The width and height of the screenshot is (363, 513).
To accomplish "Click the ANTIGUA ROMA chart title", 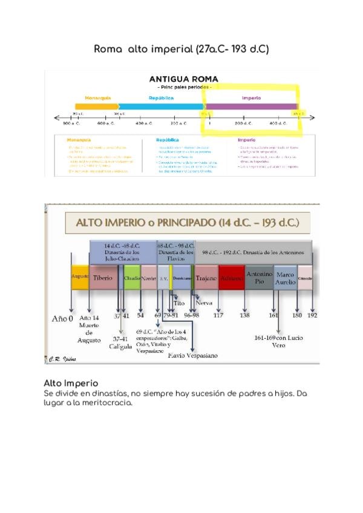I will (x=183, y=79).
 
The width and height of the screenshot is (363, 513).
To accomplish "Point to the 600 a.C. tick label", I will (x=106, y=123).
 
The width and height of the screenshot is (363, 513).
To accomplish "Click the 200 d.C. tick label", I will (x=244, y=123).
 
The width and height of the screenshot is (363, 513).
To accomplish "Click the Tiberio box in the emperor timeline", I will (x=103, y=278).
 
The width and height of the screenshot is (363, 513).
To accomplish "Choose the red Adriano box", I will (x=231, y=278).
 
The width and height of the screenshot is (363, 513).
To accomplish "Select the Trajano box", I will (x=206, y=278).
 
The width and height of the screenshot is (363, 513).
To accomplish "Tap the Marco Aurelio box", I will (x=286, y=278).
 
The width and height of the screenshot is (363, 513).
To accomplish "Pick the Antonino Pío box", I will (x=260, y=278).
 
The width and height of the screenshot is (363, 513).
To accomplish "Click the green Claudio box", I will (x=132, y=278).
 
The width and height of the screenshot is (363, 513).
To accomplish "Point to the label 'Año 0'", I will (x=62, y=317).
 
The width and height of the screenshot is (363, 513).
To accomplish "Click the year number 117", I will (x=218, y=315).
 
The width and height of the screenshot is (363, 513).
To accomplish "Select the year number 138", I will (x=244, y=315).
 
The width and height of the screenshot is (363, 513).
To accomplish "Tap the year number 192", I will (x=312, y=315).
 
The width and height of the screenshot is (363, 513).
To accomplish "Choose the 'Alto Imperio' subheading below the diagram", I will (x=71, y=384).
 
